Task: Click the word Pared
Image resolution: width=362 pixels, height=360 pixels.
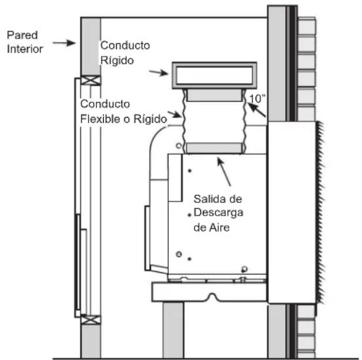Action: coord(22,35)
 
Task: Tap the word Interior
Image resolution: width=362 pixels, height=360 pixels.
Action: coord(25,49)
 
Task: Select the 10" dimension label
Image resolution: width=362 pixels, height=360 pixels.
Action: coord(256,99)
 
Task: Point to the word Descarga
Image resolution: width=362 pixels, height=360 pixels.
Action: coord(218,213)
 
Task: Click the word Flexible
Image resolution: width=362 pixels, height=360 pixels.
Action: coord(101,119)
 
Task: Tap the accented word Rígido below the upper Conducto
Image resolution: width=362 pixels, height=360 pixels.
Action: coord(117,60)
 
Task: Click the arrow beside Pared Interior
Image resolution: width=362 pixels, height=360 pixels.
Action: coord(64,43)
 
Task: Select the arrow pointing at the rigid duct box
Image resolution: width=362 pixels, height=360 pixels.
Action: coord(158,73)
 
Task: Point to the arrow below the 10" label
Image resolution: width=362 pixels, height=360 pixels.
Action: coord(257,110)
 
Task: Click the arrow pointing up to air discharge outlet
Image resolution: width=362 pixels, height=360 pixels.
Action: coord(224,172)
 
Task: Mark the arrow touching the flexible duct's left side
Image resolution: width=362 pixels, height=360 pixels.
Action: coord(175,114)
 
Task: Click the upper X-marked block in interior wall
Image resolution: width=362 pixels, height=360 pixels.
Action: coord(91,80)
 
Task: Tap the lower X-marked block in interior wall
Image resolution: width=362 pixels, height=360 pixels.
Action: coord(91,320)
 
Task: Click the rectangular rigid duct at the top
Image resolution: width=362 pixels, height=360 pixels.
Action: coord(214,76)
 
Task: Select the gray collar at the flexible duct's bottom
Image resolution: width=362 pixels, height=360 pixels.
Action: coord(214,148)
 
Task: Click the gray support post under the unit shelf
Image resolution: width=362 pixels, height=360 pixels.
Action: coord(173,330)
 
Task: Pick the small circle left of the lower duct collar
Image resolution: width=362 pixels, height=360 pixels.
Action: coord(179,146)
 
